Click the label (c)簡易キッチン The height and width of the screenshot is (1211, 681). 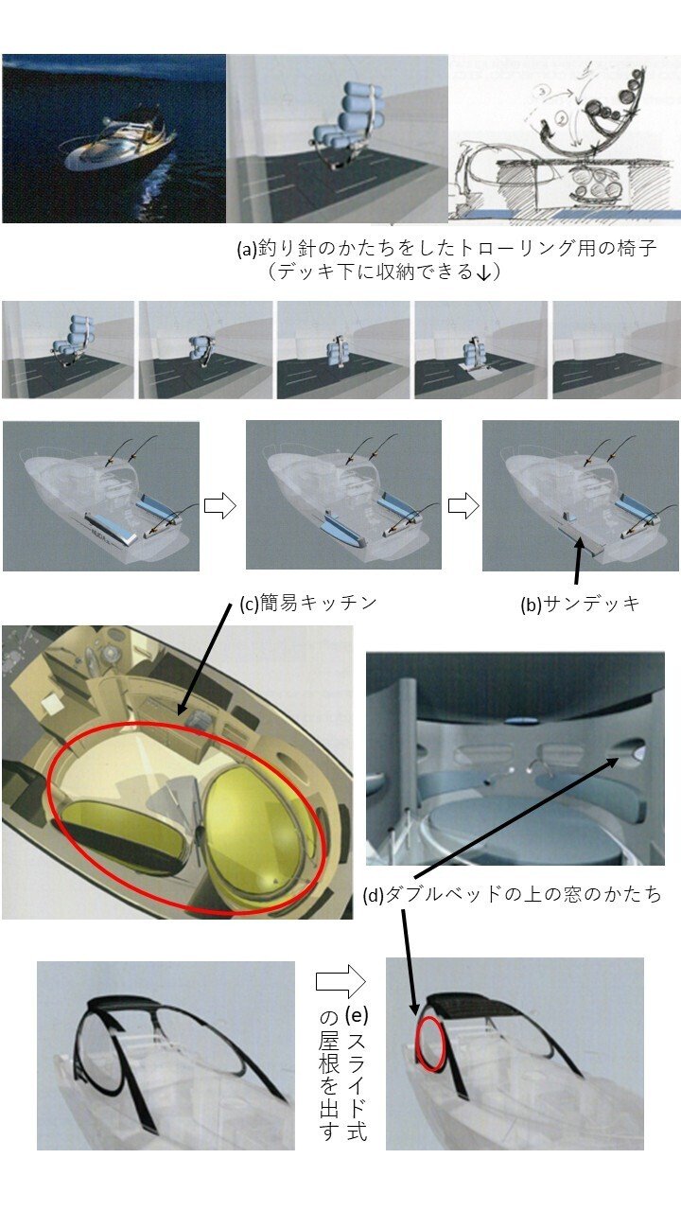(308, 603)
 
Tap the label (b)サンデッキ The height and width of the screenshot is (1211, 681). (580, 604)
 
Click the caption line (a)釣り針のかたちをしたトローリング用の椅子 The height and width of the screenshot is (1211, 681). (447, 248)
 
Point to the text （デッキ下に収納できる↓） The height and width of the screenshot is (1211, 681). (384, 272)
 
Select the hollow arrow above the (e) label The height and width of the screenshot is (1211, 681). (341, 982)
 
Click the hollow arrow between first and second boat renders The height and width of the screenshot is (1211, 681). (220, 506)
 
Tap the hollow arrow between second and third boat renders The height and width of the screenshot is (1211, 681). (463, 506)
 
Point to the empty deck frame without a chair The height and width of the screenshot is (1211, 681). (616, 350)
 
